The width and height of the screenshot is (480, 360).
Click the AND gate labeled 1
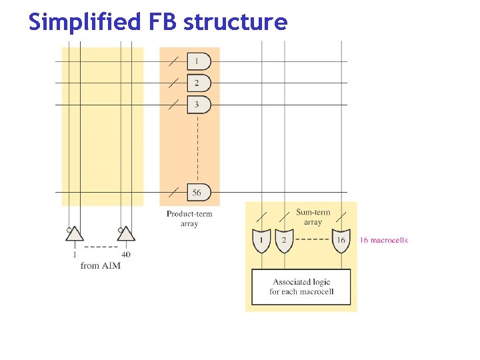(x=199, y=61)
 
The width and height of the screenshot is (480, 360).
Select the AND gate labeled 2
(x=199, y=83)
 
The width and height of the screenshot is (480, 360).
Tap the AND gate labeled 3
(x=199, y=105)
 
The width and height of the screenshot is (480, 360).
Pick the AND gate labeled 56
(x=199, y=192)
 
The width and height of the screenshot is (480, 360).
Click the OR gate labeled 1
(x=262, y=241)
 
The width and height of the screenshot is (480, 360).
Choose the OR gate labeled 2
(x=285, y=241)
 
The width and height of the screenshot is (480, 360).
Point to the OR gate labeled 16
(x=341, y=241)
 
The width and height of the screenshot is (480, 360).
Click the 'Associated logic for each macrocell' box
(x=301, y=287)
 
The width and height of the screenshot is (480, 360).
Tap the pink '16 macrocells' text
(x=384, y=240)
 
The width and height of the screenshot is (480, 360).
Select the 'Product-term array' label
(x=189, y=219)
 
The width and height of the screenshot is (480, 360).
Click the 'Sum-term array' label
(x=313, y=217)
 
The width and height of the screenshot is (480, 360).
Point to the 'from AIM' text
(x=100, y=265)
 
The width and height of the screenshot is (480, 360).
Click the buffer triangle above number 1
(x=75, y=234)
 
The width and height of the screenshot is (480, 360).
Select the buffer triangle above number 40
(x=126, y=234)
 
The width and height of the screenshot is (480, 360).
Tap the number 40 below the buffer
(x=125, y=254)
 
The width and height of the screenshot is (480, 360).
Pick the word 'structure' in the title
(x=235, y=23)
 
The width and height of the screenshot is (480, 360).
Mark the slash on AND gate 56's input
(x=173, y=192)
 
